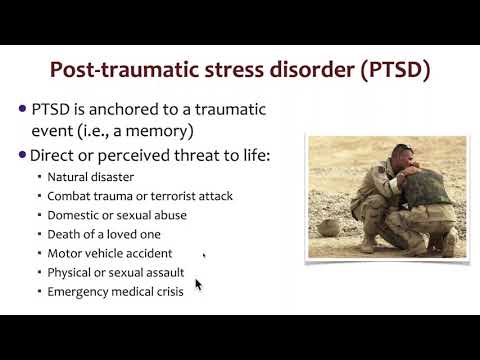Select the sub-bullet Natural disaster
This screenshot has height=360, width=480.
tap(89, 177)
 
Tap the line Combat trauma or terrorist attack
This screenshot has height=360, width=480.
tap(139, 196)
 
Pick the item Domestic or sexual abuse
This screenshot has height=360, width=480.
tap(117, 215)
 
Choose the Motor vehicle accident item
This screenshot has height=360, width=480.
tap(109, 253)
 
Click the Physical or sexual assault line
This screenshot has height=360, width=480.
tap(116, 272)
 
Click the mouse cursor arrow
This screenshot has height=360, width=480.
tap(197, 284)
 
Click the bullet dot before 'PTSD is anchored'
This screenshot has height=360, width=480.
tap(24, 108)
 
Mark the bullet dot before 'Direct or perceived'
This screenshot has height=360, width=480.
tap(24, 155)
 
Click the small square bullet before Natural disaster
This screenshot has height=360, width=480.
tap(39, 178)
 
